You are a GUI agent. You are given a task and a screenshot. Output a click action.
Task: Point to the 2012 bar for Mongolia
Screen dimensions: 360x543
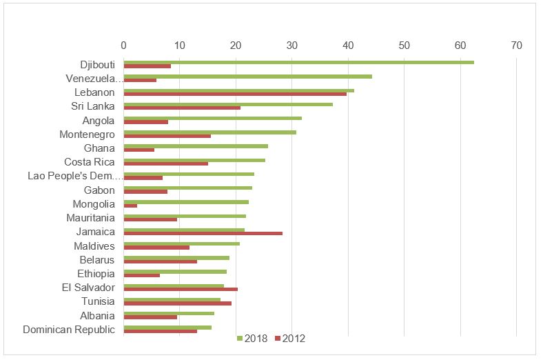click(x=130, y=206)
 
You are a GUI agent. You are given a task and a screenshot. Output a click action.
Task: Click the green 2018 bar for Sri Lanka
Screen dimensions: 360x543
click(x=228, y=104)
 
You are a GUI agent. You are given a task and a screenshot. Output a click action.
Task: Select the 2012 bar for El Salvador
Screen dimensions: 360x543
click(x=181, y=289)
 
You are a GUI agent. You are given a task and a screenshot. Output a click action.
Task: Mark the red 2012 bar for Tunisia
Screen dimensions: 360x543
click(x=177, y=303)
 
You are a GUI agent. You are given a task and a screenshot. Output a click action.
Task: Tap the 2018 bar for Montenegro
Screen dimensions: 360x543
click(x=209, y=132)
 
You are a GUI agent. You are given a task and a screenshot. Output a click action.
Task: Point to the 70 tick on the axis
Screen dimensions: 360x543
click(x=517, y=46)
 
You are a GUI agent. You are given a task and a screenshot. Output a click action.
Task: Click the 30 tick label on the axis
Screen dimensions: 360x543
click(x=292, y=46)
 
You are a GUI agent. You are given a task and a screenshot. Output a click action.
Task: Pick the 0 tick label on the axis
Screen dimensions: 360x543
click(x=123, y=46)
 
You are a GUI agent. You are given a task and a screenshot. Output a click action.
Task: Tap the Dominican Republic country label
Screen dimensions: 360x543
click(x=69, y=330)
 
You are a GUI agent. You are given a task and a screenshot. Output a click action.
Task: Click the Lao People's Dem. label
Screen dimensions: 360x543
click(x=71, y=176)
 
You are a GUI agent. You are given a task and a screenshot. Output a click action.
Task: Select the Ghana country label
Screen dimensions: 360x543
click(x=99, y=148)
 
